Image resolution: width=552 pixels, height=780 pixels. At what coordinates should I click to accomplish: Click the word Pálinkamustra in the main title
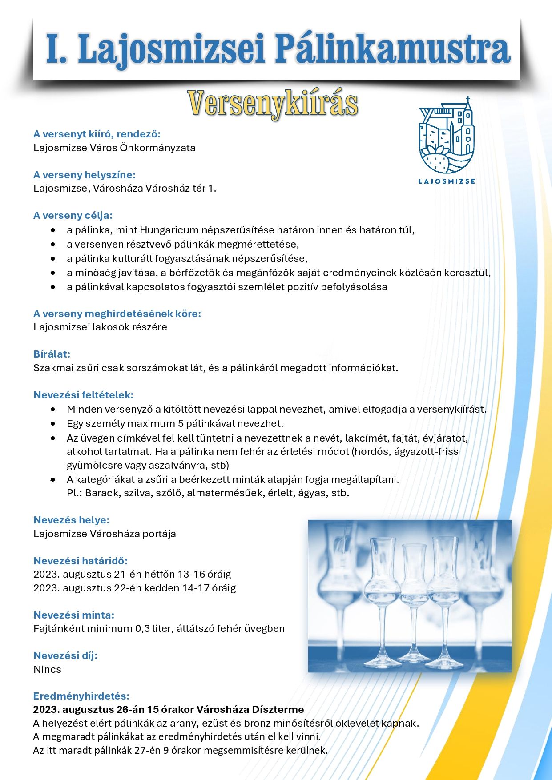(x=392, y=50)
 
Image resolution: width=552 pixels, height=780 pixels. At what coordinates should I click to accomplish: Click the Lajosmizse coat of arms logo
(x=447, y=136)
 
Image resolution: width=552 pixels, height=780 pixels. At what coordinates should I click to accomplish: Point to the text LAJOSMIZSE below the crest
(x=447, y=181)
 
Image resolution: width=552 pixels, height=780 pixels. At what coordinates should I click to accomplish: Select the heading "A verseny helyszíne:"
(x=85, y=175)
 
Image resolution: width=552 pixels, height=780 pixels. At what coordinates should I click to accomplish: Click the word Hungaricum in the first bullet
(x=169, y=230)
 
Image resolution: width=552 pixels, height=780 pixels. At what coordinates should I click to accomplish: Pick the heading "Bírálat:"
(x=52, y=354)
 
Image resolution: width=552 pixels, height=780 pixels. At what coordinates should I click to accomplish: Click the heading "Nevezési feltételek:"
(x=84, y=395)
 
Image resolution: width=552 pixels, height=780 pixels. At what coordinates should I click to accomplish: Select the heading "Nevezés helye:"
(x=72, y=520)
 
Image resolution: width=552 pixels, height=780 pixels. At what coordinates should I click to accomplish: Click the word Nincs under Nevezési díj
(x=47, y=669)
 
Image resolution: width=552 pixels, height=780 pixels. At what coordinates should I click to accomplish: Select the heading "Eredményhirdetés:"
(x=81, y=696)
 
